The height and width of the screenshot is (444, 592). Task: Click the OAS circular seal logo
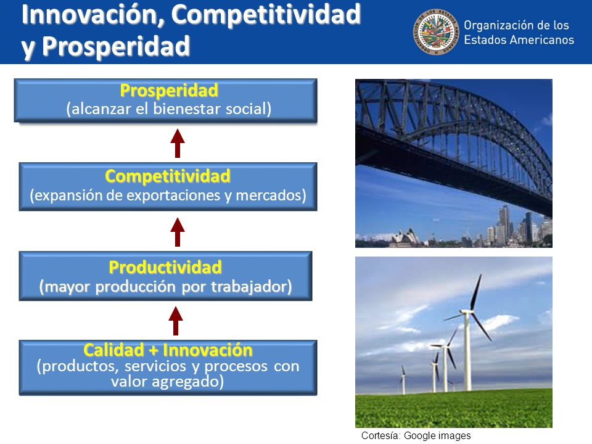[436, 32]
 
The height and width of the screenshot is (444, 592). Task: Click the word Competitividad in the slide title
[266, 14]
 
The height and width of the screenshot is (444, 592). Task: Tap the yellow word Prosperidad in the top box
[169, 90]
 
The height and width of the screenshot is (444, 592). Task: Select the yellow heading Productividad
[165, 267]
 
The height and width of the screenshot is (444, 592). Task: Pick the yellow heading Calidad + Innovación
[168, 350]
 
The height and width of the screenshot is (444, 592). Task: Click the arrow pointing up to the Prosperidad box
[178, 143]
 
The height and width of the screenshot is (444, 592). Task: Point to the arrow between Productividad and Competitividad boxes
[178, 232]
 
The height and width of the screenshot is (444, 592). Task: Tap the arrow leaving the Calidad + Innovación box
[176, 321]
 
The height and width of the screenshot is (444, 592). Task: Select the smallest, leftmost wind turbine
[403, 379]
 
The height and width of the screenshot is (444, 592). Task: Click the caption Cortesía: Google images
[416, 436]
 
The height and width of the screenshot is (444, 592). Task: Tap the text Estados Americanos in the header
[519, 39]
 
